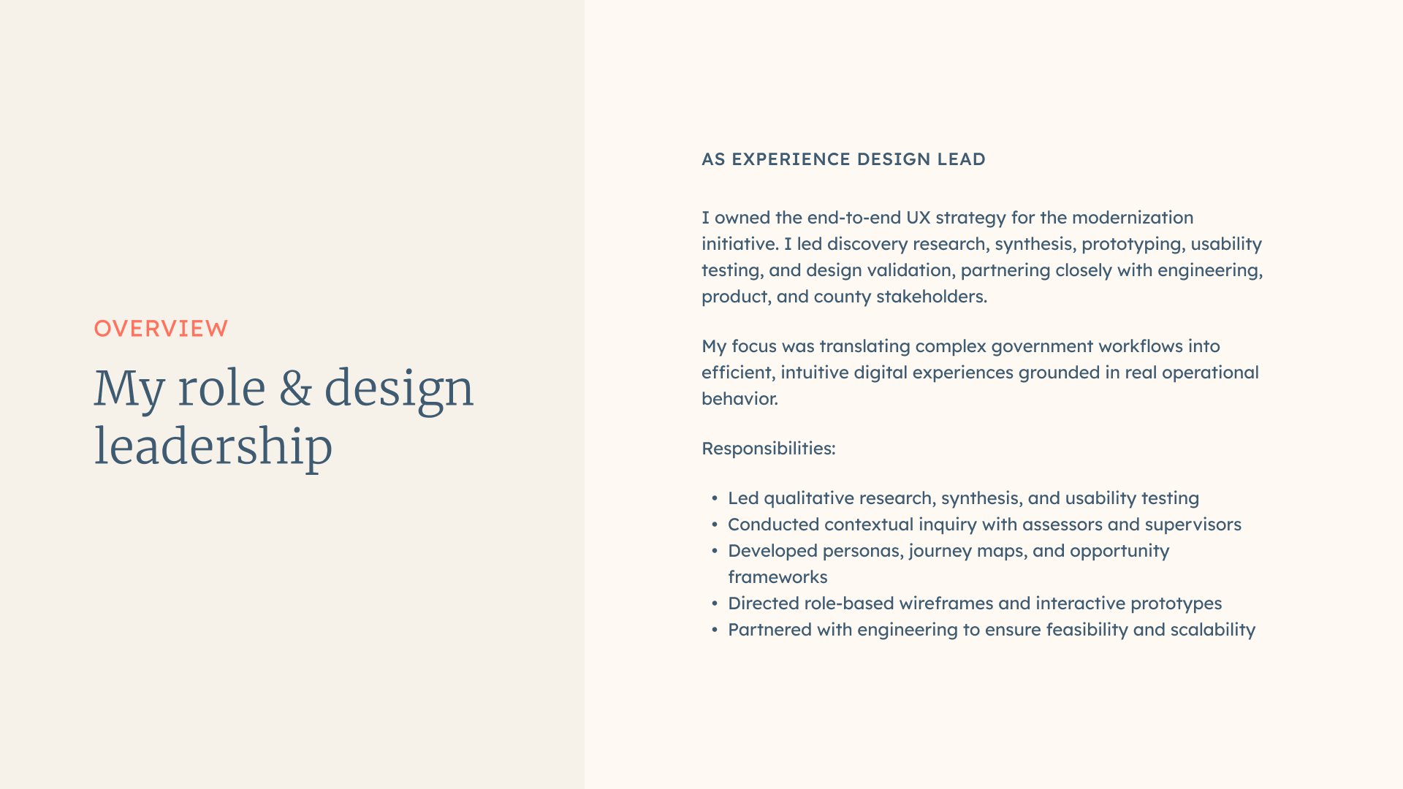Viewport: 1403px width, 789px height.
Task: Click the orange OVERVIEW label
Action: click(161, 329)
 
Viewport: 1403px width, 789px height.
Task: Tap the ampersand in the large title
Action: click(295, 388)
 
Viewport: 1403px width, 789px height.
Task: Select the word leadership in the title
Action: click(213, 446)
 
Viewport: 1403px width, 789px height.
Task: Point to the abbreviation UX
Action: click(919, 218)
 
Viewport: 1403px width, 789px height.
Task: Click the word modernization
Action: click(1133, 218)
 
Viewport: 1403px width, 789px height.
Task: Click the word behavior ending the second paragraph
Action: click(739, 399)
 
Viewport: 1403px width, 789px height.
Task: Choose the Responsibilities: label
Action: click(769, 449)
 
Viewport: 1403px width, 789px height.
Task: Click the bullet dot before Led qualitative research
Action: click(715, 498)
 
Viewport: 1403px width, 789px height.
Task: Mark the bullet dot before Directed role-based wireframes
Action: click(715, 603)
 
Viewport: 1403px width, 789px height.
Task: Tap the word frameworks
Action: click(777, 577)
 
